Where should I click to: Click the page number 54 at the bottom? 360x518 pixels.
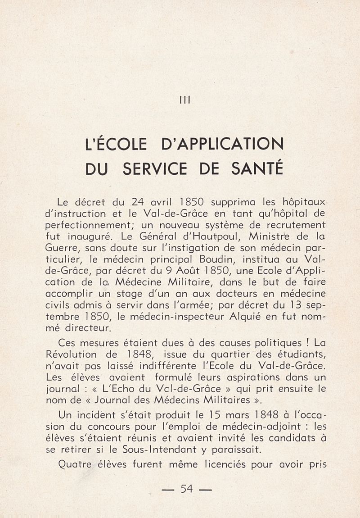(186, 488)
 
